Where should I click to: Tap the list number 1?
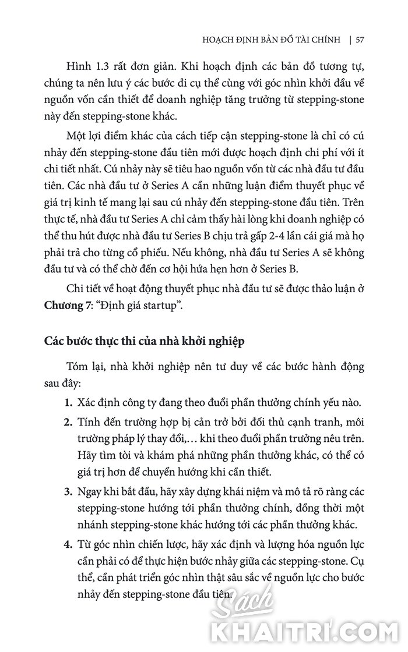click(68, 403)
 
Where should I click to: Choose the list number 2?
click(68, 422)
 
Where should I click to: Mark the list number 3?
click(68, 491)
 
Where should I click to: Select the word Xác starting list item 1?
click(86, 403)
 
